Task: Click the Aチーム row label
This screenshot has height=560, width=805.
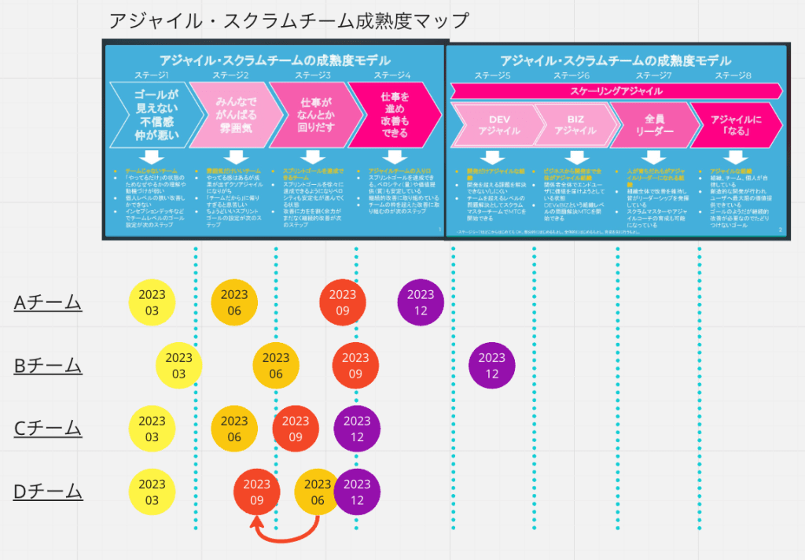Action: [48, 302]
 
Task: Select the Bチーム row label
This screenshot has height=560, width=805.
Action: [48, 365]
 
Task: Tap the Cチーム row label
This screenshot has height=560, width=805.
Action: [48, 428]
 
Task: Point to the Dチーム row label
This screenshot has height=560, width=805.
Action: [48, 492]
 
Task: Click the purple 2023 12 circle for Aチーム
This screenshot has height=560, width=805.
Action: [421, 303]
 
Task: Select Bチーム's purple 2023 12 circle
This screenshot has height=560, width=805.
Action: [492, 366]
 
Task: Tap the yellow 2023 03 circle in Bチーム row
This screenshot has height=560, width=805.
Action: [179, 366]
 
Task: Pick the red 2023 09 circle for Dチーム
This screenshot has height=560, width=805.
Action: [257, 492]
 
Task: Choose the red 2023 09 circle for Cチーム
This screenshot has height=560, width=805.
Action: [295, 429]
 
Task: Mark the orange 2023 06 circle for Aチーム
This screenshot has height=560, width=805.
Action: [234, 303]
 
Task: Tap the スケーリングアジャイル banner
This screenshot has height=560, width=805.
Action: [616, 91]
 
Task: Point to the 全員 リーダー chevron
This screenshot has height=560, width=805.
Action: [652, 124]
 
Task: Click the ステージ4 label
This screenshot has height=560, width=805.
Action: [392, 76]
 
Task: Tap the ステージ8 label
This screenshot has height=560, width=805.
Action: [734, 76]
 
